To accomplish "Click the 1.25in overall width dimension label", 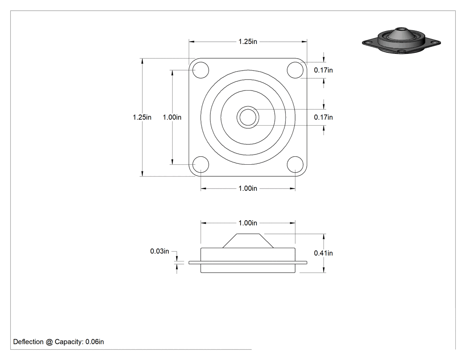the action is (248, 42).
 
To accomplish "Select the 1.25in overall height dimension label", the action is (142, 118).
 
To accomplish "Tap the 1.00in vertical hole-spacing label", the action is (172, 118).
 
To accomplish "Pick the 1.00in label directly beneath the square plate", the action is (248, 189).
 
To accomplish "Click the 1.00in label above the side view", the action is (248, 223).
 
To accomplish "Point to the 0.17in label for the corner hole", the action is (324, 70).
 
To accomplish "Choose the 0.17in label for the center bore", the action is (324, 118).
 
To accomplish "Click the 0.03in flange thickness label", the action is (160, 251).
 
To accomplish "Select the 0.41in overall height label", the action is (324, 253).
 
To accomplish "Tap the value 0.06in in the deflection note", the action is (95, 342).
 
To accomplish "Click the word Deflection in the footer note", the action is (28, 342).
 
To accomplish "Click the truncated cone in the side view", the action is (248, 241).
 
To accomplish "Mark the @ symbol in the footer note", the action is (49, 342).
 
